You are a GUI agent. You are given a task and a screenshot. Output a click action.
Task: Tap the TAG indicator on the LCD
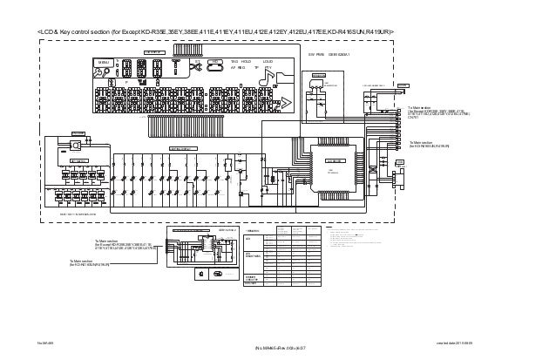click(x=234, y=61)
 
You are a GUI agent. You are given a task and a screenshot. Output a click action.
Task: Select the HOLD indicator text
click(x=247, y=61)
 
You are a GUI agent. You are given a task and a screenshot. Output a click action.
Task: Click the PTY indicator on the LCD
click(x=269, y=67)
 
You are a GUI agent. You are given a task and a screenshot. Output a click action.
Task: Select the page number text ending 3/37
click(x=277, y=349)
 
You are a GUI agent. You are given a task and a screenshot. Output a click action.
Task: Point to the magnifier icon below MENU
click(x=100, y=76)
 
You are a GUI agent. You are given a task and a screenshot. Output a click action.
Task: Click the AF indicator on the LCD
click(x=233, y=67)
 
